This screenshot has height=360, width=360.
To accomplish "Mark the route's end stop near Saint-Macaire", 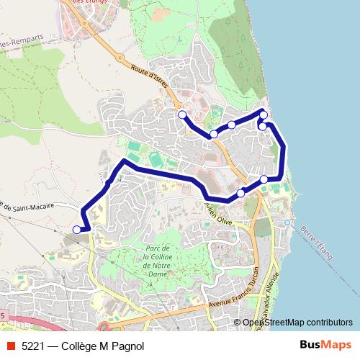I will pyautogui.click(x=77, y=230).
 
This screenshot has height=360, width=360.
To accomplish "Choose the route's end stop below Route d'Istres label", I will pyautogui.click(x=181, y=114).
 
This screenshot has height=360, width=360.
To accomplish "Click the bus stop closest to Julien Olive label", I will pyautogui.click(x=240, y=193).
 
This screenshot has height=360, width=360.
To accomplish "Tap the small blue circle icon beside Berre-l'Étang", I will pyautogui.click(x=288, y=222).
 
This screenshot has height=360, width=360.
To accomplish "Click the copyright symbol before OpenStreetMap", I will pyautogui.click(x=237, y=323).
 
